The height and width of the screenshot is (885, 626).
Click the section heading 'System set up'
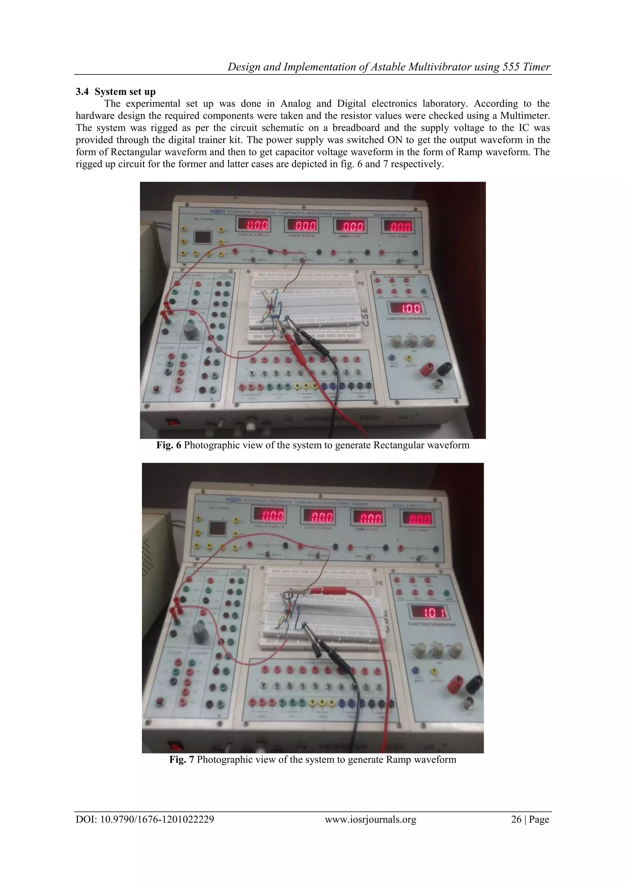(125, 92)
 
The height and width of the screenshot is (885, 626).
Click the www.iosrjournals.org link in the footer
(370, 819)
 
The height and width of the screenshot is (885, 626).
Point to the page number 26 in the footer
(516, 819)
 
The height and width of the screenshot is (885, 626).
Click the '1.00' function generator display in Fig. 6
(405, 308)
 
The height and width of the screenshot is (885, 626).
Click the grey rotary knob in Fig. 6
(190, 330)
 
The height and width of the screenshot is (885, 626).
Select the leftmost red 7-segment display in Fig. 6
(253, 225)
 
